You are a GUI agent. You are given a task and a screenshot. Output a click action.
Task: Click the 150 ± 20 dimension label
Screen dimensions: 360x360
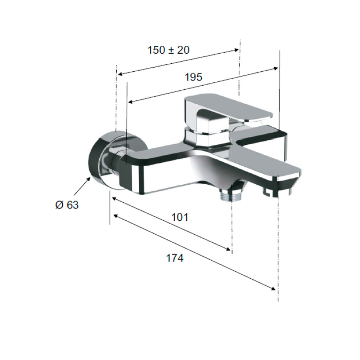click(168, 50)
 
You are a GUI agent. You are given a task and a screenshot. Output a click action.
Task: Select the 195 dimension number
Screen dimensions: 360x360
click(194, 77)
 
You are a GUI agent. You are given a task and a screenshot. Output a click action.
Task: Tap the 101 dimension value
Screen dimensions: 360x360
click(180, 217)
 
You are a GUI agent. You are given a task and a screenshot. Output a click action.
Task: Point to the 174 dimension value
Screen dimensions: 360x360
click(175, 258)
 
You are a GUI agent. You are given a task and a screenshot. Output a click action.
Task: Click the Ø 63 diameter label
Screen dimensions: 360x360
click(67, 205)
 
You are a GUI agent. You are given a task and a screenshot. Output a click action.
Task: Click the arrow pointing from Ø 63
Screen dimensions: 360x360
click(82, 186)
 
